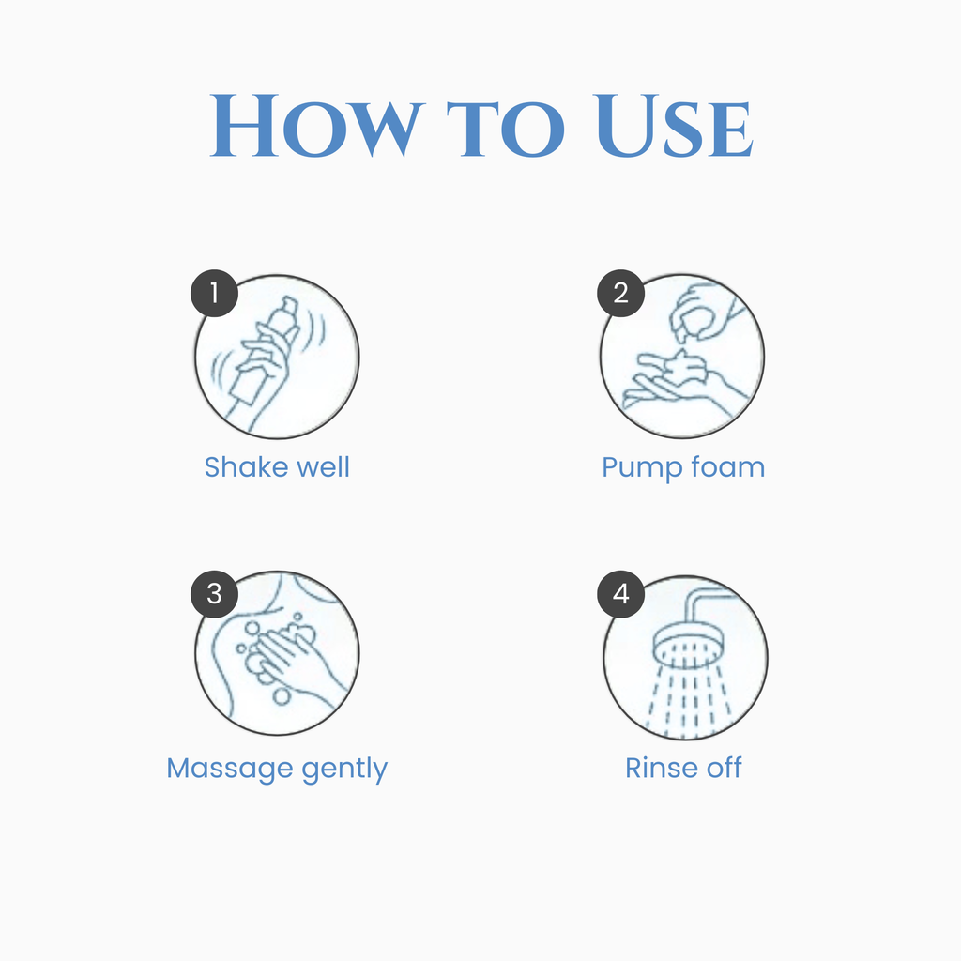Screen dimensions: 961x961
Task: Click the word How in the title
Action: (x=317, y=127)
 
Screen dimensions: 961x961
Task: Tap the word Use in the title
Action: (x=673, y=127)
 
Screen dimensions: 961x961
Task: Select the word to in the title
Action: (x=506, y=129)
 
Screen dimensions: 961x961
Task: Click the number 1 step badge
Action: (x=215, y=293)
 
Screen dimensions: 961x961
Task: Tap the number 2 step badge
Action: (x=621, y=293)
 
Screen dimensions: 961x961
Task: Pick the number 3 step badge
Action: (x=215, y=594)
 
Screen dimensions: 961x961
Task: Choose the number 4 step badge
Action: (x=621, y=594)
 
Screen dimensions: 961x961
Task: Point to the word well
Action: (x=323, y=467)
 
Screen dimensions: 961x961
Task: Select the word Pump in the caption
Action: (x=642, y=469)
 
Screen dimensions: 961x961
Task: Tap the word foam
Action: (x=728, y=467)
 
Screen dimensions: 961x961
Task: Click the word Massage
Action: (x=230, y=770)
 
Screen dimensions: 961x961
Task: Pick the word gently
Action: (x=345, y=770)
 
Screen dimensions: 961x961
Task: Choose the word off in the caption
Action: (x=725, y=768)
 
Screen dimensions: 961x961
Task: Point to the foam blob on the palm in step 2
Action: (x=685, y=367)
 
